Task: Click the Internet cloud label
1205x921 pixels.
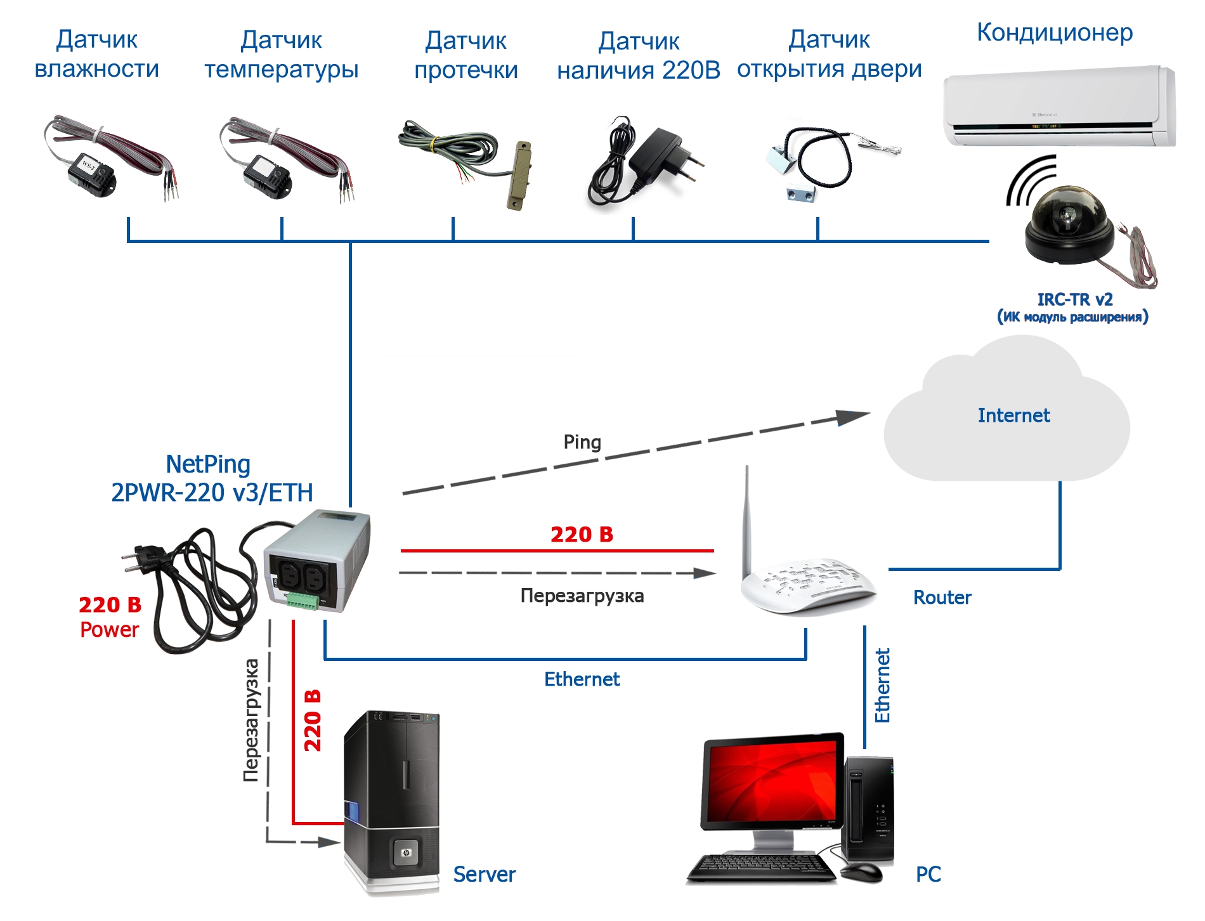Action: pos(1013,415)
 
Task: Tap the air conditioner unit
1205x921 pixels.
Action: pos(1058,106)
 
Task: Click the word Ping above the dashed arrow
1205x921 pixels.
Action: pos(582,442)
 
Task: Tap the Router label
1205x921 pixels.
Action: pos(942,598)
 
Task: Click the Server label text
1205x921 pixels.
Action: pos(484,875)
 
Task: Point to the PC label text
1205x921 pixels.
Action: pos(928,875)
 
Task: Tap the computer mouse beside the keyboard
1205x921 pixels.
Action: pos(861,871)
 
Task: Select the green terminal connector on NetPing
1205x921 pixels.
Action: pos(302,599)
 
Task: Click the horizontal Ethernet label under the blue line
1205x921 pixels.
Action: pos(582,679)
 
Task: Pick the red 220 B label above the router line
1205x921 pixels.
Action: pos(582,535)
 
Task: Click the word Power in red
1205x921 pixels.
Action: pos(109,630)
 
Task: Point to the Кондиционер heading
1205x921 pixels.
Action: pos(1054,32)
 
